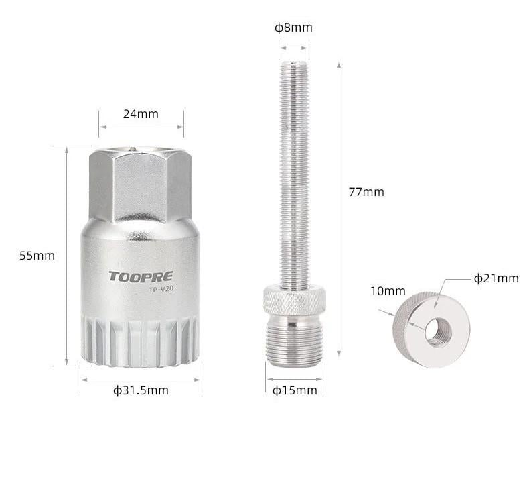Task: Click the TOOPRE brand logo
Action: point(141,276)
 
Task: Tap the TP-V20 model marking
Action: point(161,289)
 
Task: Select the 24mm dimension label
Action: point(141,114)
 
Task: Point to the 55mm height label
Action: point(37,256)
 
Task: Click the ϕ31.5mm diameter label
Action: point(141,390)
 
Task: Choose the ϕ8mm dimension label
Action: point(293,28)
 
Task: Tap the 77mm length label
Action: point(366,192)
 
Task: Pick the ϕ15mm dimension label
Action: point(295,390)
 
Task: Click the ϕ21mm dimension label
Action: point(496,278)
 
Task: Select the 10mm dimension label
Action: point(388,291)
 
